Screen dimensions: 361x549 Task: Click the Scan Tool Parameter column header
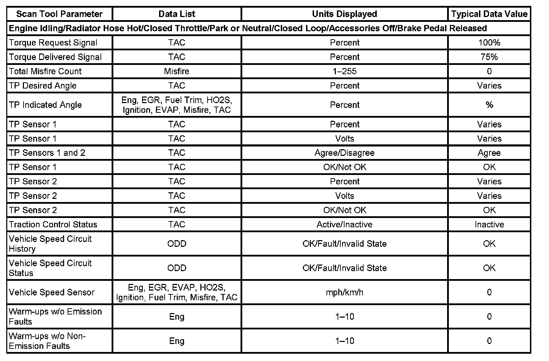(59, 14)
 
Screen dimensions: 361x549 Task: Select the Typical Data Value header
(489, 14)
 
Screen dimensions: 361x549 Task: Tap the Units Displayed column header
(344, 14)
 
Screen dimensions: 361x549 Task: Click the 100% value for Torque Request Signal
(489, 43)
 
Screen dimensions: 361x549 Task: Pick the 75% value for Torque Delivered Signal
(489, 57)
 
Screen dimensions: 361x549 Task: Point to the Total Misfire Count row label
(45, 71)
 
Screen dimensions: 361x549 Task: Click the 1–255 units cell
(344, 71)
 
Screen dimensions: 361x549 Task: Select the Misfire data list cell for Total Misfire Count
(176, 71)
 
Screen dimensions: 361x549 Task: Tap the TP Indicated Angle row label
(45, 105)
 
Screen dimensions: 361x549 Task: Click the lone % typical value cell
(489, 105)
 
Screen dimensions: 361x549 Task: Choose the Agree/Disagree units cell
(344, 153)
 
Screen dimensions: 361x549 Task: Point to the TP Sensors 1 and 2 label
(47, 153)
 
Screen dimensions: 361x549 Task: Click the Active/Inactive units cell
(344, 224)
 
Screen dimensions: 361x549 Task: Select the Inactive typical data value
(489, 224)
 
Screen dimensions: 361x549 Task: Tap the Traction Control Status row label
(53, 224)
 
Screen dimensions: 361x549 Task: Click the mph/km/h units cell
(344, 292)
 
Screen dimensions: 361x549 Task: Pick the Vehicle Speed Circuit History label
(50, 244)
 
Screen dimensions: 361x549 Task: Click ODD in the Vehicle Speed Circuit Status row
(176, 268)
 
